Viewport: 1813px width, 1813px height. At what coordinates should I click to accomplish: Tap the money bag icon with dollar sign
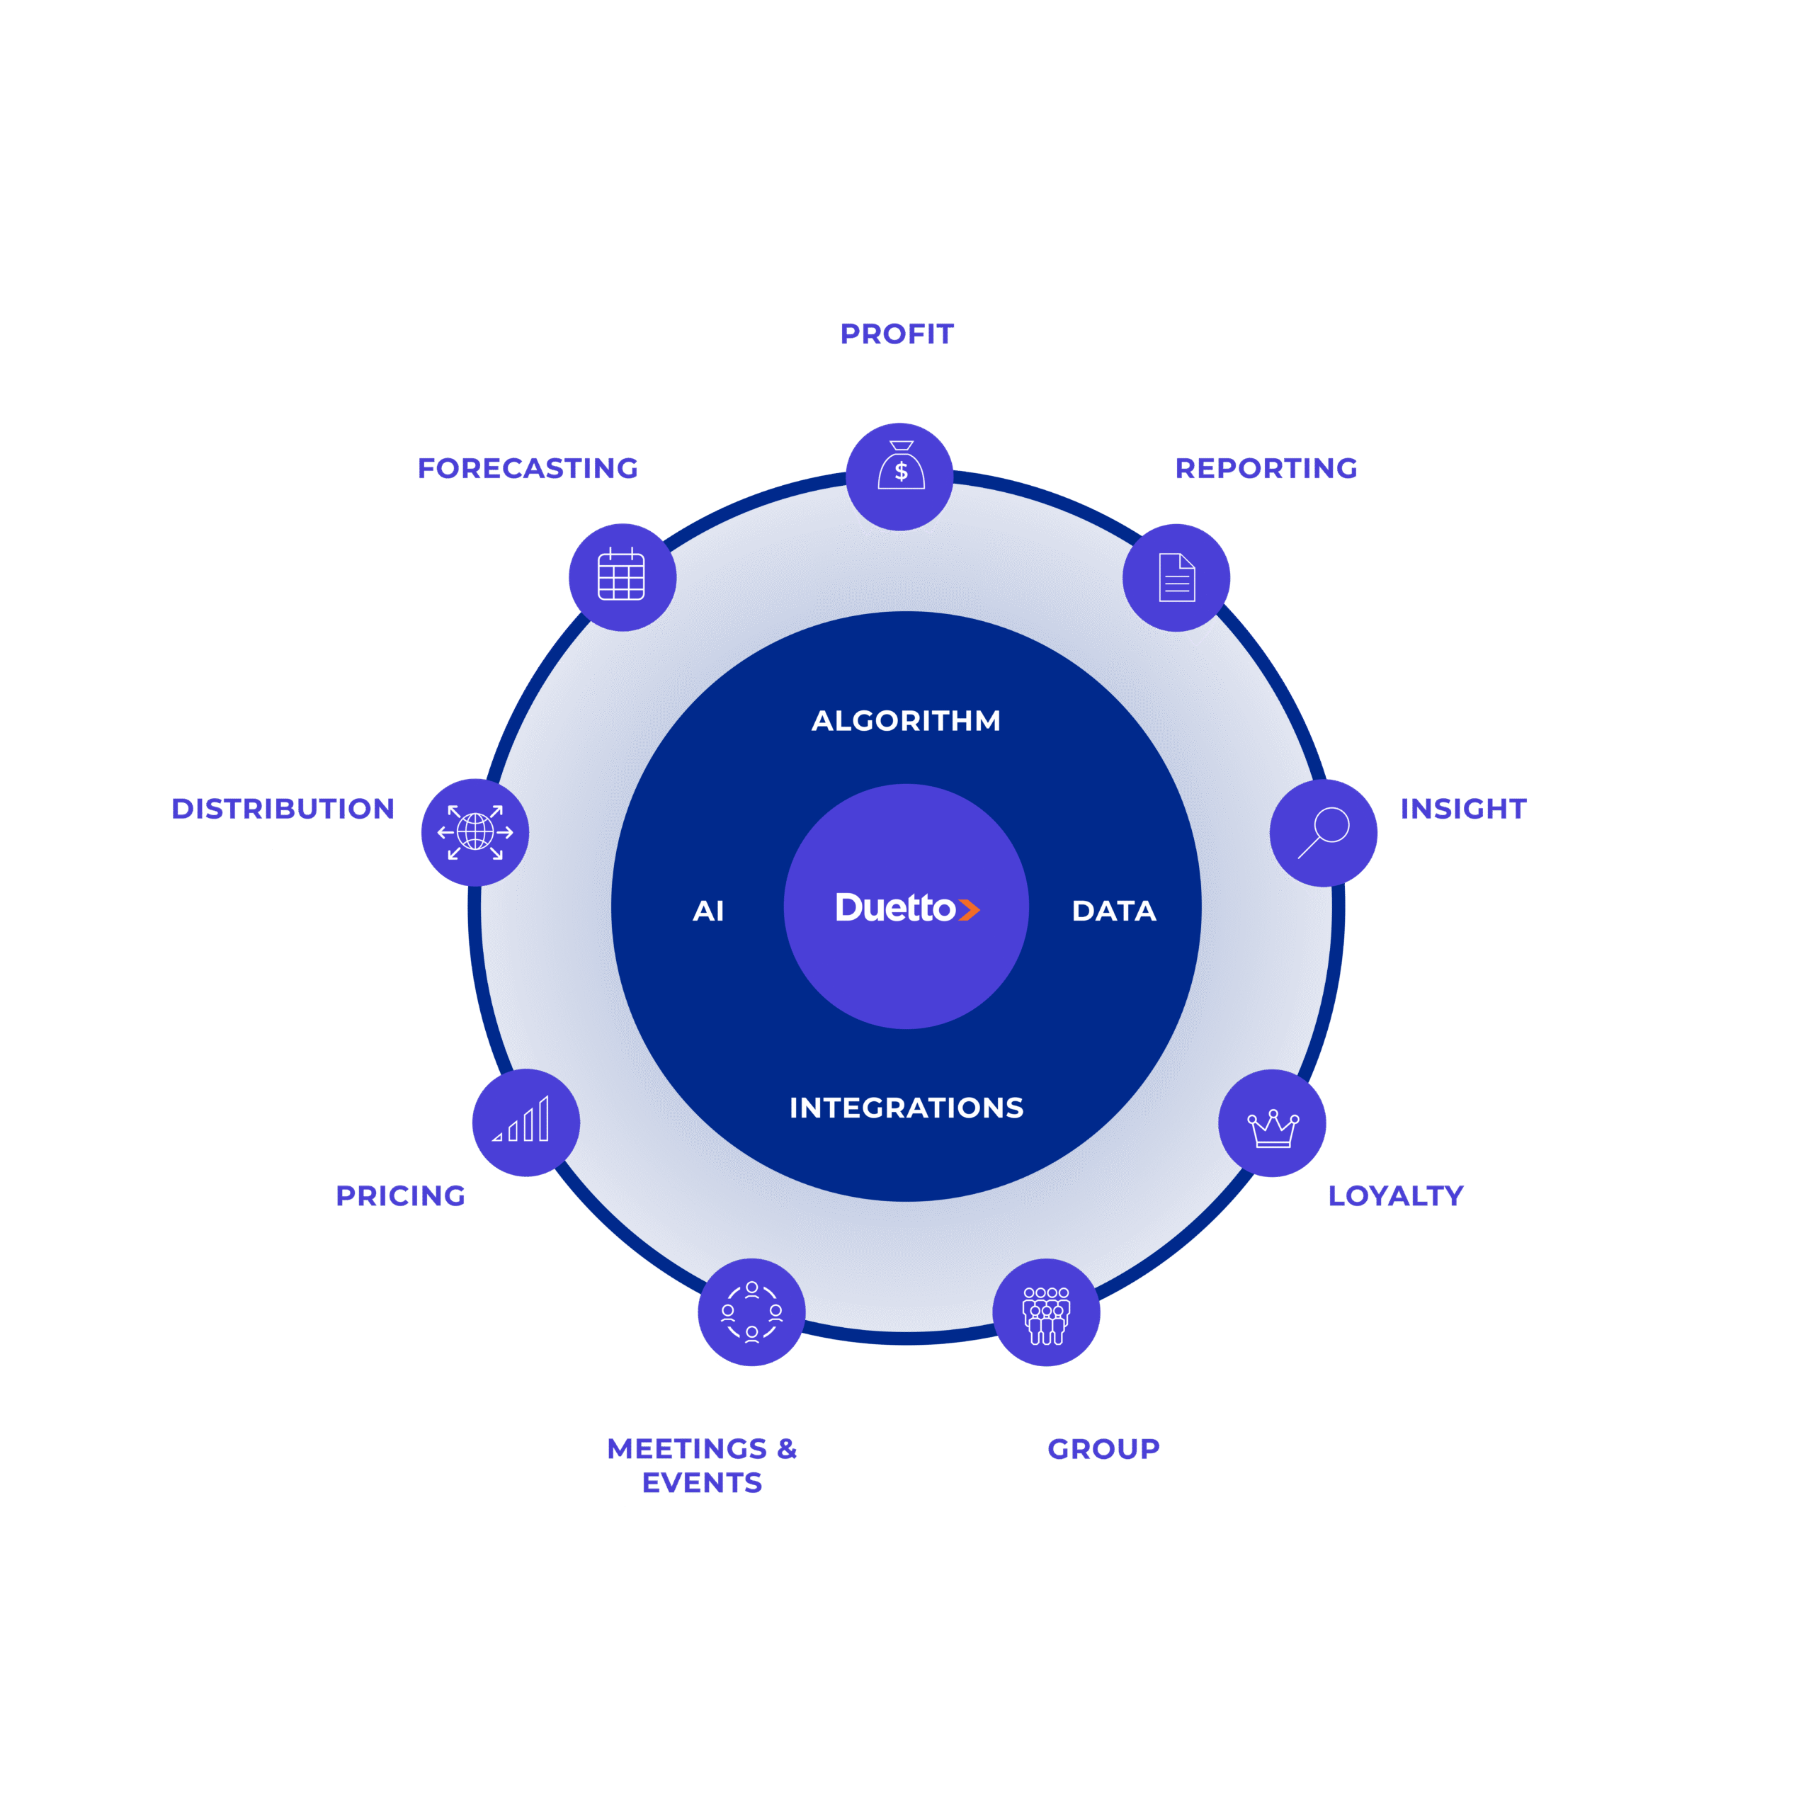[901, 465]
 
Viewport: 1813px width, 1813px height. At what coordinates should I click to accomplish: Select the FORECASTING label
[528, 468]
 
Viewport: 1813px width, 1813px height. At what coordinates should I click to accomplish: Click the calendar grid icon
[621, 574]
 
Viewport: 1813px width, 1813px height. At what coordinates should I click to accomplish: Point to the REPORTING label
[1266, 468]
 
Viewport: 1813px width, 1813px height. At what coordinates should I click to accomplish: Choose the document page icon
[1177, 577]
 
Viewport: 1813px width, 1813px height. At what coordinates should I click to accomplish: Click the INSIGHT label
[1463, 809]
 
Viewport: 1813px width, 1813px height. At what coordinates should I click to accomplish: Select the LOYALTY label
[1395, 1195]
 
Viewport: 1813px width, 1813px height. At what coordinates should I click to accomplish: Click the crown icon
[1273, 1129]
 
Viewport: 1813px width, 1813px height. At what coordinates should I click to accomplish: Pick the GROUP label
[1103, 1449]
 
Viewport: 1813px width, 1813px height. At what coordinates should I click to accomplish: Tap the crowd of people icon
[1046, 1316]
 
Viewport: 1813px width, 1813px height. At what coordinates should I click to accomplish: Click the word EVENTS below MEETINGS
[702, 1483]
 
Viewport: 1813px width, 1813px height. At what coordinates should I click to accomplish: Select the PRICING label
[401, 1195]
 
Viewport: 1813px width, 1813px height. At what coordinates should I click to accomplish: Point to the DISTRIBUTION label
[283, 809]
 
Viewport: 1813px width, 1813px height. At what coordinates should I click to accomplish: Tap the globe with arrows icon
[474, 832]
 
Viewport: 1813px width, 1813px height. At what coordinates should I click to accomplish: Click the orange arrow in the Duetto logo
[970, 909]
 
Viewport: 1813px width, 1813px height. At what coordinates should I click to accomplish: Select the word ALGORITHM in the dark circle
[906, 721]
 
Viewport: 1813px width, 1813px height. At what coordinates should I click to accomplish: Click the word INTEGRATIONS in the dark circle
[906, 1108]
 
